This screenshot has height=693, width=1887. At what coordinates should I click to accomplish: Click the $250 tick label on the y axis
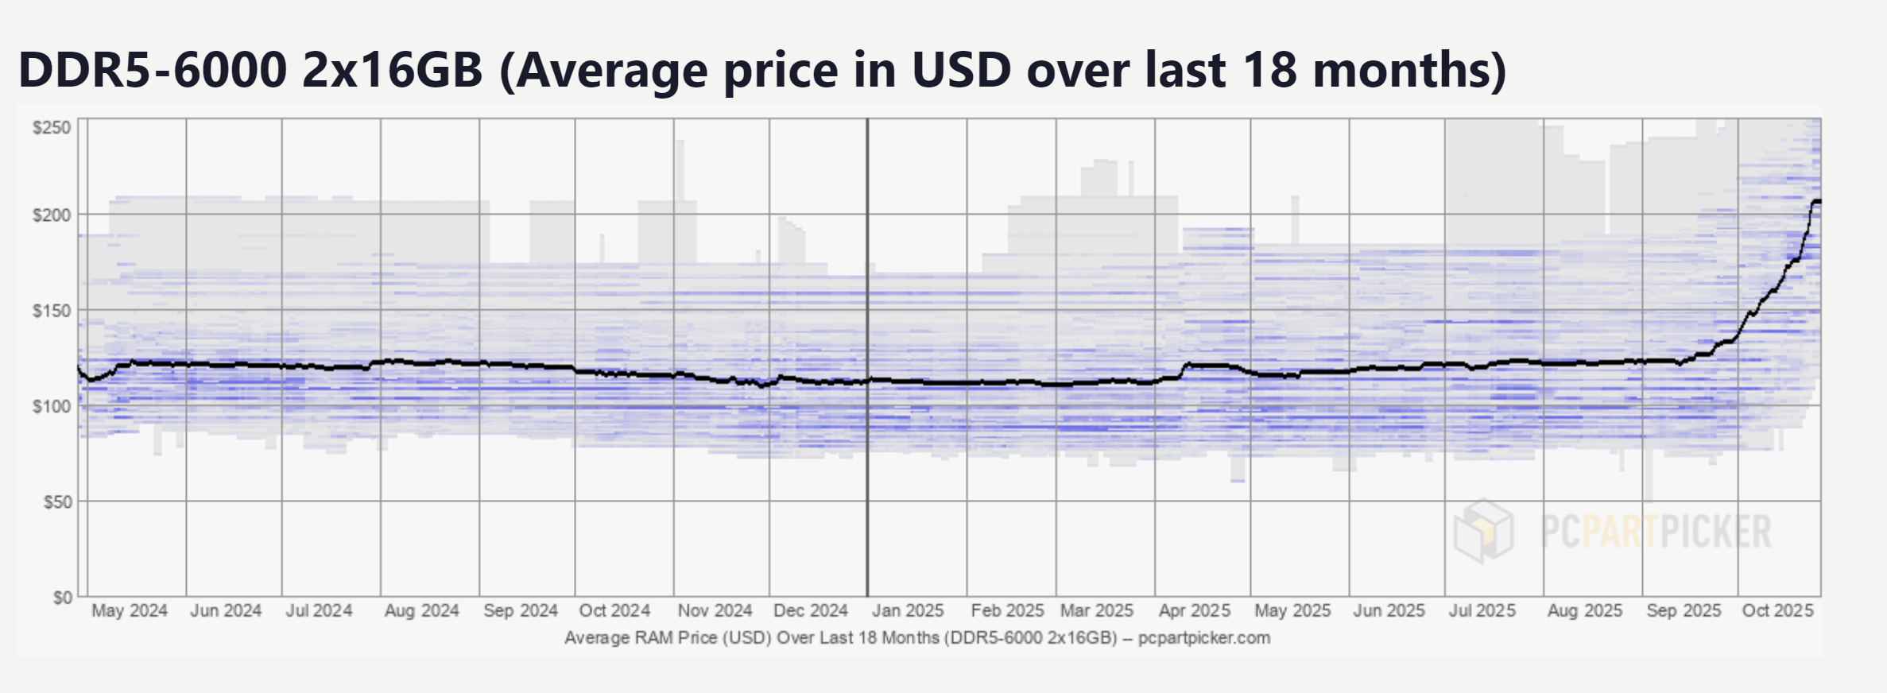click(x=52, y=128)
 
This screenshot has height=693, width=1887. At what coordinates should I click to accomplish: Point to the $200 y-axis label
click(x=52, y=215)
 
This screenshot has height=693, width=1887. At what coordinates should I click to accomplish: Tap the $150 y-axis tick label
click(x=52, y=311)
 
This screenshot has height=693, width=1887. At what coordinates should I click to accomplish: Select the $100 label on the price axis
click(x=52, y=407)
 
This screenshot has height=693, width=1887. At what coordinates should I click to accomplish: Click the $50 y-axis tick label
click(x=56, y=502)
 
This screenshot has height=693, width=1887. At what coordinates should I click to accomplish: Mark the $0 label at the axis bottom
click(x=62, y=598)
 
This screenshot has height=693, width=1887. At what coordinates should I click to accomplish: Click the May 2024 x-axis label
click(x=130, y=611)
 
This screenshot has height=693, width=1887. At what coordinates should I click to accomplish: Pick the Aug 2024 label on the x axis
click(x=421, y=611)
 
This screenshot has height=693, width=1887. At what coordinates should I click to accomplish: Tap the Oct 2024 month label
click(x=614, y=611)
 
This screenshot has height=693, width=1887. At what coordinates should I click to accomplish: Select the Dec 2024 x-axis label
click(x=810, y=611)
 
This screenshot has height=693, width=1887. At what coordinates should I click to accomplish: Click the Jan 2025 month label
click(x=908, y=611)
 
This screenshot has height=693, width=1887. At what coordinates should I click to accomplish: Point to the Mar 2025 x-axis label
click(x=1096, y=611)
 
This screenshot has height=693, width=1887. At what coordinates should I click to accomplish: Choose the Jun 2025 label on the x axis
click(x=1389, y=611)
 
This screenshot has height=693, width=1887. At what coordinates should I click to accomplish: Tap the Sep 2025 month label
click(x=1684, y=611)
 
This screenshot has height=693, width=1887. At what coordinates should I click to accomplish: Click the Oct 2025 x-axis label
click(x=1778, y=611)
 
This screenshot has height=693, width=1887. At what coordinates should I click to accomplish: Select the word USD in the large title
click(x=961, y=70)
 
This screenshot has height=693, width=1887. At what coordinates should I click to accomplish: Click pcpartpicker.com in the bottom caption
click(x=1203, y=638)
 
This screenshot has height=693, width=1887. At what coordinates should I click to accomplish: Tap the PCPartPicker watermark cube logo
click(x=1483, y=531)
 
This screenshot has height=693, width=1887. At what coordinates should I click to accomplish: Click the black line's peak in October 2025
click(x=1816, y=201)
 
